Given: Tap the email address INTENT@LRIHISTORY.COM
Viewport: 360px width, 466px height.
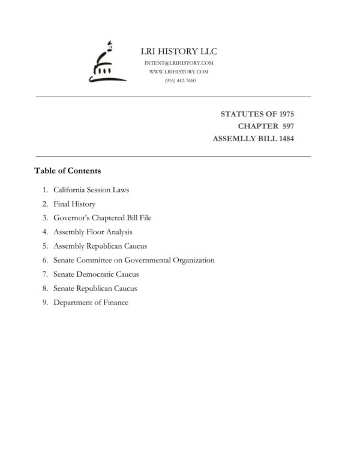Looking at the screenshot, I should click(x=179, y=63).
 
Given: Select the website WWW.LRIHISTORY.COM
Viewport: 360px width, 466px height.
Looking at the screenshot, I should click(x=179, y=71).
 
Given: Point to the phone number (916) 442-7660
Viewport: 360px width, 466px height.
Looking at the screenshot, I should click(x=179, y=80).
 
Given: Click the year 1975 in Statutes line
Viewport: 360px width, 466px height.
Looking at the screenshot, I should click(x=283, y=113).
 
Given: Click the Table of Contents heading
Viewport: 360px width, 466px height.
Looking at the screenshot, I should click(x=67, y=171).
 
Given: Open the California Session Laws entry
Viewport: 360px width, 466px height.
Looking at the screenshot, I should click(x=91, y=190).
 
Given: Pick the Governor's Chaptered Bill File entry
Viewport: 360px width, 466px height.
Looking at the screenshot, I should click(x=103, y=218).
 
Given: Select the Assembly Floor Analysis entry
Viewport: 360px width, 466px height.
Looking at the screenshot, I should click(x=93, y=232).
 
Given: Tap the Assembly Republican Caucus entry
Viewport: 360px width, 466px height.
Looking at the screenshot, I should click(x=100, y=246).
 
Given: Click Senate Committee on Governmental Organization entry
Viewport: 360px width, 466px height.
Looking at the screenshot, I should click(x=134, y=260).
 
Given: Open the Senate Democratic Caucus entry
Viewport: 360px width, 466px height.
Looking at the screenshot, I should click(x=96, y=274).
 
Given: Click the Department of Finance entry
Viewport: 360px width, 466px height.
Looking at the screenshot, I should click(x=91, y=303).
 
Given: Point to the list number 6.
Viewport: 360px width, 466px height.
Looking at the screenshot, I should click(x=45, y=261).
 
